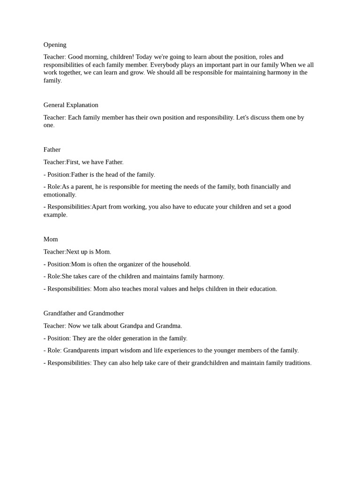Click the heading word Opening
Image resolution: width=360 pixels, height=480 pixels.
point(55,45)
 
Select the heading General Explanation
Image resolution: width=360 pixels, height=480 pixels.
point(71,105)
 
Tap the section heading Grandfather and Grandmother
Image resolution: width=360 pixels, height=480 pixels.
point(83,313)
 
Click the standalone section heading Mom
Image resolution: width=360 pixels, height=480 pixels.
point(51,239)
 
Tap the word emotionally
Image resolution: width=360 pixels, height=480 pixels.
point(60,195)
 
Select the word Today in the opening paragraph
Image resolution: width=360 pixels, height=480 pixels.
point(145,57)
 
